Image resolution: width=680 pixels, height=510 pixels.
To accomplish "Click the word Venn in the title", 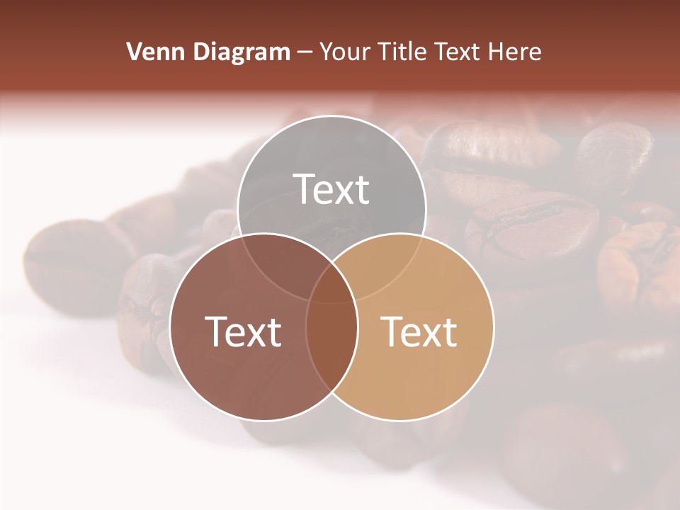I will pos(149,52).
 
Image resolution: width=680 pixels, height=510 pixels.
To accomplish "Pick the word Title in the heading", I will pos(404,52).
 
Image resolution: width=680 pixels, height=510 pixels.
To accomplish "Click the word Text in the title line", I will pos(462,52).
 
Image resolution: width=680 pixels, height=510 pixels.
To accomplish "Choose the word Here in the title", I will pos(518,52).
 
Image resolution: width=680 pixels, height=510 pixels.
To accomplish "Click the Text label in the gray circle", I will pos(331,189).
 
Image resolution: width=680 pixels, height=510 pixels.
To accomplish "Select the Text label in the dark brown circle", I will pos(243,331).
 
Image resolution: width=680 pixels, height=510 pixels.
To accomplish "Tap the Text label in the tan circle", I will pos(419,331).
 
